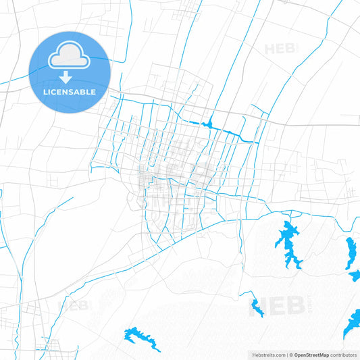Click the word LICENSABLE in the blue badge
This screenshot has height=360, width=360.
[x=70, y=91]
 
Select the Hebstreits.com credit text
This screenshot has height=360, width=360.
[x=265, y=355]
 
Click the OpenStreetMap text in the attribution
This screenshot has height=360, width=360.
[x=311, y=355]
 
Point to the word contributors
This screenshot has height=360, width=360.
[x=344, y=355]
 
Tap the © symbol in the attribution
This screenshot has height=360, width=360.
[x=290, y=355]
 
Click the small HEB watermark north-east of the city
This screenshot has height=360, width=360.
[x=280, y=49]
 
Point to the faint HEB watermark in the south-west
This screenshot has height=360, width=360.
[x=75, y=305]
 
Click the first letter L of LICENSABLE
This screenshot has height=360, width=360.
[x=45, y=91]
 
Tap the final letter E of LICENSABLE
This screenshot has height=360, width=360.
[x=94, y=91]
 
